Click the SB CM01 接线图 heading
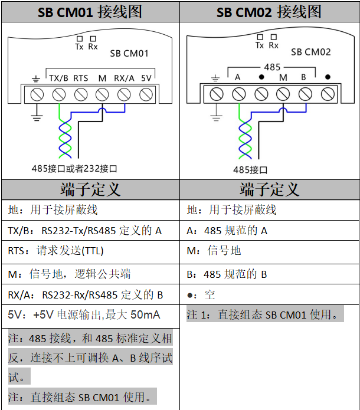pos(90,12)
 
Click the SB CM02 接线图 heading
pos(269,12)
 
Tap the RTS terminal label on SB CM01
pos(81,78)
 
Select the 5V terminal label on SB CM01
pos(146,78)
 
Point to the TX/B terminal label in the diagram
pos(59,78)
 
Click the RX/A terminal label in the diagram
pos(124,78)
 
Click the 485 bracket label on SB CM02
pos(272,67)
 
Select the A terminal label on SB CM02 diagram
pos(238,78)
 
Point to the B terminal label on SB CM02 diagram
pos(303,78)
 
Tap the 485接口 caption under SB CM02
pos(250,170)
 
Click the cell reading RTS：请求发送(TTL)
pos(56,251)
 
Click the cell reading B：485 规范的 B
pos(227,274)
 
